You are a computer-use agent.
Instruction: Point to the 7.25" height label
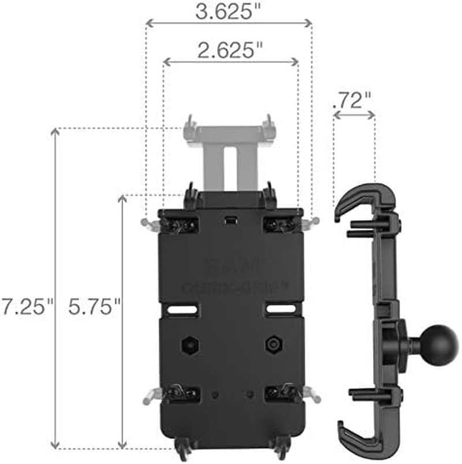[x=27, y=306]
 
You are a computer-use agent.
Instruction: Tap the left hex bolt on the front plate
[x=189, y=346]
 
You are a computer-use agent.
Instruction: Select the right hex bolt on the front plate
[x=272, y=346]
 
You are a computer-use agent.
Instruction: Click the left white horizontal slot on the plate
[x=182, y=310]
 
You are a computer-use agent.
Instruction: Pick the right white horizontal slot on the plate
[x=278, y=310]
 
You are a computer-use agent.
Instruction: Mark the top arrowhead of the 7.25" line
[x=55, y=132]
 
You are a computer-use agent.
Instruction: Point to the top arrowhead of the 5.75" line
[x=122, y=199]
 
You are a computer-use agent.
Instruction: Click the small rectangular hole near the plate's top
[x=231, y=220]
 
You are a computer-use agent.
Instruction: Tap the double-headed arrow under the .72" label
[x=354, y=115]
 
